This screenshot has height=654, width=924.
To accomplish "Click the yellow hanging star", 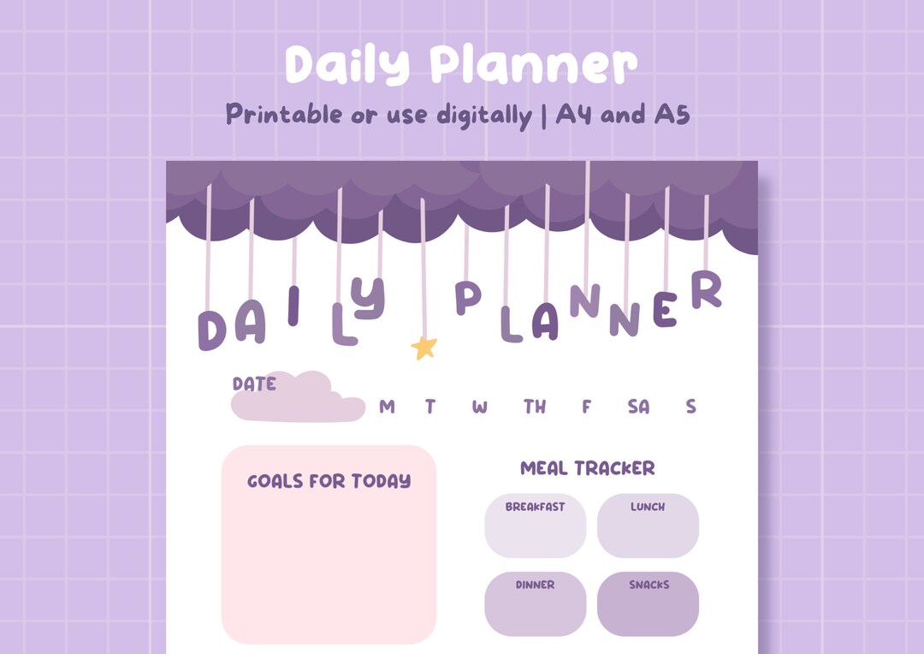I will pos(424,347).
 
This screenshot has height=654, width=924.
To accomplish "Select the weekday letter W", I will pos(479,407).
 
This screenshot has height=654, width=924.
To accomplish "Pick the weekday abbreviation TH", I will pos(535,407).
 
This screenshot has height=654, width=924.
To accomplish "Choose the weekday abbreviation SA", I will pos(638,407).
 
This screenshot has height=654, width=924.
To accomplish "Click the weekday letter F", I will pos(586,407).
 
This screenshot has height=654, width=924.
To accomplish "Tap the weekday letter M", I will pos(387,407).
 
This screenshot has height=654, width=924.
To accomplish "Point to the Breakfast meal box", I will pos(535,526).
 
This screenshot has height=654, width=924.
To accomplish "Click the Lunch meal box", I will pos(648,526).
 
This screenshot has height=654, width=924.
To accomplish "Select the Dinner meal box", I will pos(535,604).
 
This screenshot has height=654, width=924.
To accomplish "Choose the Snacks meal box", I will pos(648,604).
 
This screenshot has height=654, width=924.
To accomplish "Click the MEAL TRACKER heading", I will pos(588,468).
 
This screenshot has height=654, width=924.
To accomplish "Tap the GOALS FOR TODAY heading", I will pos(329,481).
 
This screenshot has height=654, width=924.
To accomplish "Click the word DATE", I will pos(254,384).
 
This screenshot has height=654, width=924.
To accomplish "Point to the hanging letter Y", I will pos(370,298).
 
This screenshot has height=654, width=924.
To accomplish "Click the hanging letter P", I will pos(467,297).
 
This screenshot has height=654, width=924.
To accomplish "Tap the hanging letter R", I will pos(707,291).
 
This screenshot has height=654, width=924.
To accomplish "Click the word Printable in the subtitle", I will pos(283,114).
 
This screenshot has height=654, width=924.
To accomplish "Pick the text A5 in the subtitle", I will pos(672,114).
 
